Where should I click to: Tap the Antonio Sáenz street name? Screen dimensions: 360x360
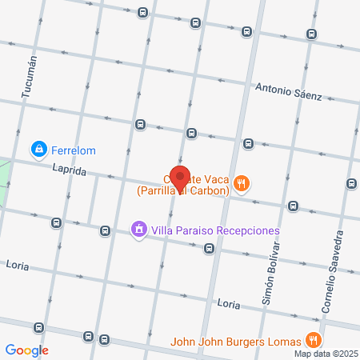288,92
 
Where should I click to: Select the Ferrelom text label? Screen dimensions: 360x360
73,149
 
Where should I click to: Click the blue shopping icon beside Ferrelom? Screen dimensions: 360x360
38,149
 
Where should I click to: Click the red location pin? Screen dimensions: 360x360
180,177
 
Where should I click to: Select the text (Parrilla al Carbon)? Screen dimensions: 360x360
183,191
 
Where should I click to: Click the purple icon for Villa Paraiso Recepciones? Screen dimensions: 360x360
138,230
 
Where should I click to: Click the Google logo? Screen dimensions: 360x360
26,350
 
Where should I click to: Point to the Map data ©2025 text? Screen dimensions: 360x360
325,354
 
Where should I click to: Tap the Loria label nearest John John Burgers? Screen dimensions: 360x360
229,304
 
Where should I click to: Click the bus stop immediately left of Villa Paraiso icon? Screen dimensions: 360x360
105,230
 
